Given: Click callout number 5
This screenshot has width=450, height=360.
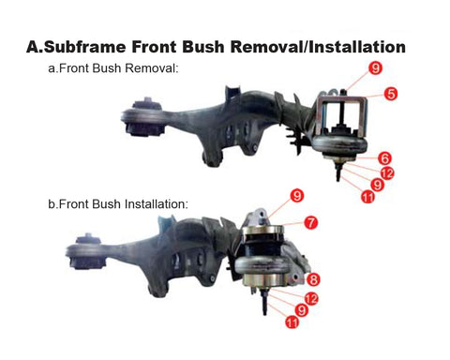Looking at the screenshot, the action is click(x=391, y=94).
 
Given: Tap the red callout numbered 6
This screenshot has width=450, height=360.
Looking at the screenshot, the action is click(x=384, y=158).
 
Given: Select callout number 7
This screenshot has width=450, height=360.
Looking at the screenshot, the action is click(x=310, y=223).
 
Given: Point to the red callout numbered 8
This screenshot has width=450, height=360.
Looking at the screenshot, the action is click(x=313, y=279).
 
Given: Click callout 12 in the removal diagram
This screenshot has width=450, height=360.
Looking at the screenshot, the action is click(x=387, y=173).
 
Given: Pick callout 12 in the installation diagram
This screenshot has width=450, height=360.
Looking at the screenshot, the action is click(x=311, y=299).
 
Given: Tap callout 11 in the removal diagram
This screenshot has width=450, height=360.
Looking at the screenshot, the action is click(x=367, y=197).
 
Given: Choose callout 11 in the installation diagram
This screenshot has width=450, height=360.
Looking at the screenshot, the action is click(x=292, y=322).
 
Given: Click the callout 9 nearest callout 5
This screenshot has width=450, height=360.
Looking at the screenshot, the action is click(x=375, y=67).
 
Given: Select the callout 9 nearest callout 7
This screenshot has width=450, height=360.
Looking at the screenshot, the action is click(x=297, y=196).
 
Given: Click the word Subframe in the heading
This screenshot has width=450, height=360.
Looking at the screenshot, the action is click(x=84, y=47).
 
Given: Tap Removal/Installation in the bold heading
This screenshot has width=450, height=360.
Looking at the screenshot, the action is click(x=318, y=47).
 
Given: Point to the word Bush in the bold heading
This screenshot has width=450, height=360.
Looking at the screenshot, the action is click(x=203, y=47).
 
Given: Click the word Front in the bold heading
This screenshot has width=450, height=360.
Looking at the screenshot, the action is click(x=154, y=47).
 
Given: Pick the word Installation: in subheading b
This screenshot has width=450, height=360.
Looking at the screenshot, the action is click(x=157, y=204).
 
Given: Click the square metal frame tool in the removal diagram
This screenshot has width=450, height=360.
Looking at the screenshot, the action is click(x=341, y=115).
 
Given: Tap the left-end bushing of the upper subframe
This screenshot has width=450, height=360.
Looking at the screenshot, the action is click(x=142, y=117).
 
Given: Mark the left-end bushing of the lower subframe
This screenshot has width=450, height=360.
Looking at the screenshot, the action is click(x=86, y=251).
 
